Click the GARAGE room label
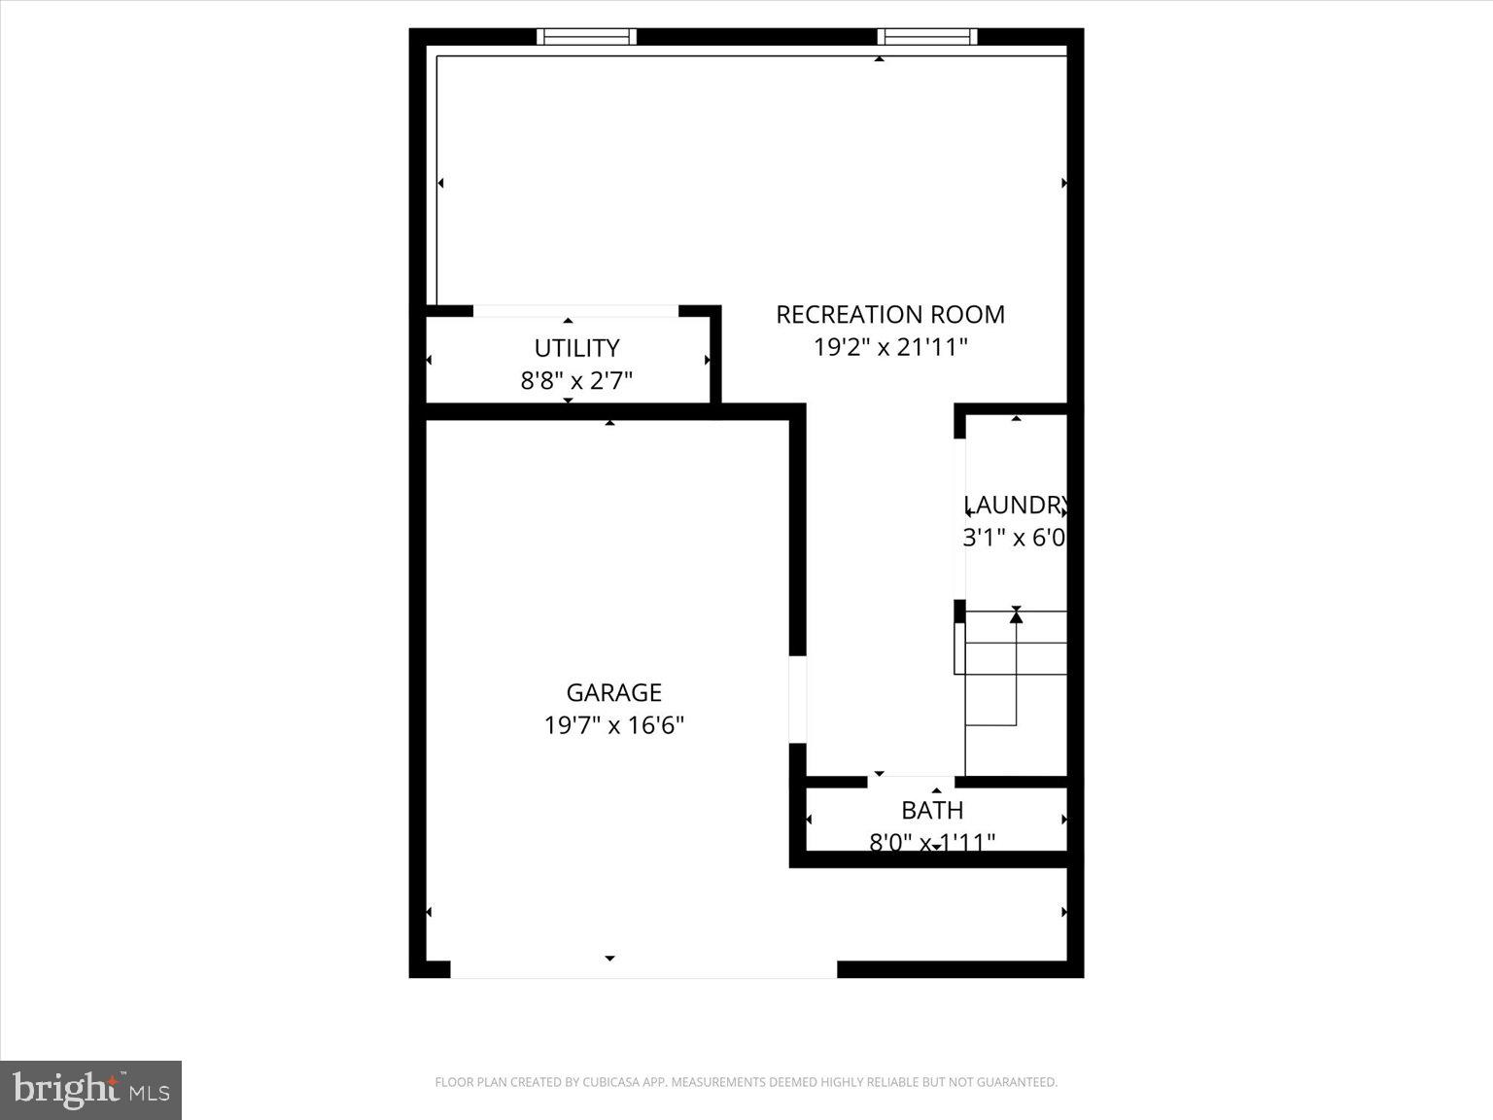613,692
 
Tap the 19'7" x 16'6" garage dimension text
613,725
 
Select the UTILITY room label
576,348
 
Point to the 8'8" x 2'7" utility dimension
576,380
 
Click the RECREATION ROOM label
889,315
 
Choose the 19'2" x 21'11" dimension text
889,347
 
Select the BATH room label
932,810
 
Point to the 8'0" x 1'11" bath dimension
932,842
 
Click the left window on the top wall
586,37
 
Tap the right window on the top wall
927,37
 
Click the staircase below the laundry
1014,671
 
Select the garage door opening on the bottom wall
642,969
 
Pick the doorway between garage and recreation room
797,700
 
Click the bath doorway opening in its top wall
910,781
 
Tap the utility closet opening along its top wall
575,311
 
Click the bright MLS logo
90,1090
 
